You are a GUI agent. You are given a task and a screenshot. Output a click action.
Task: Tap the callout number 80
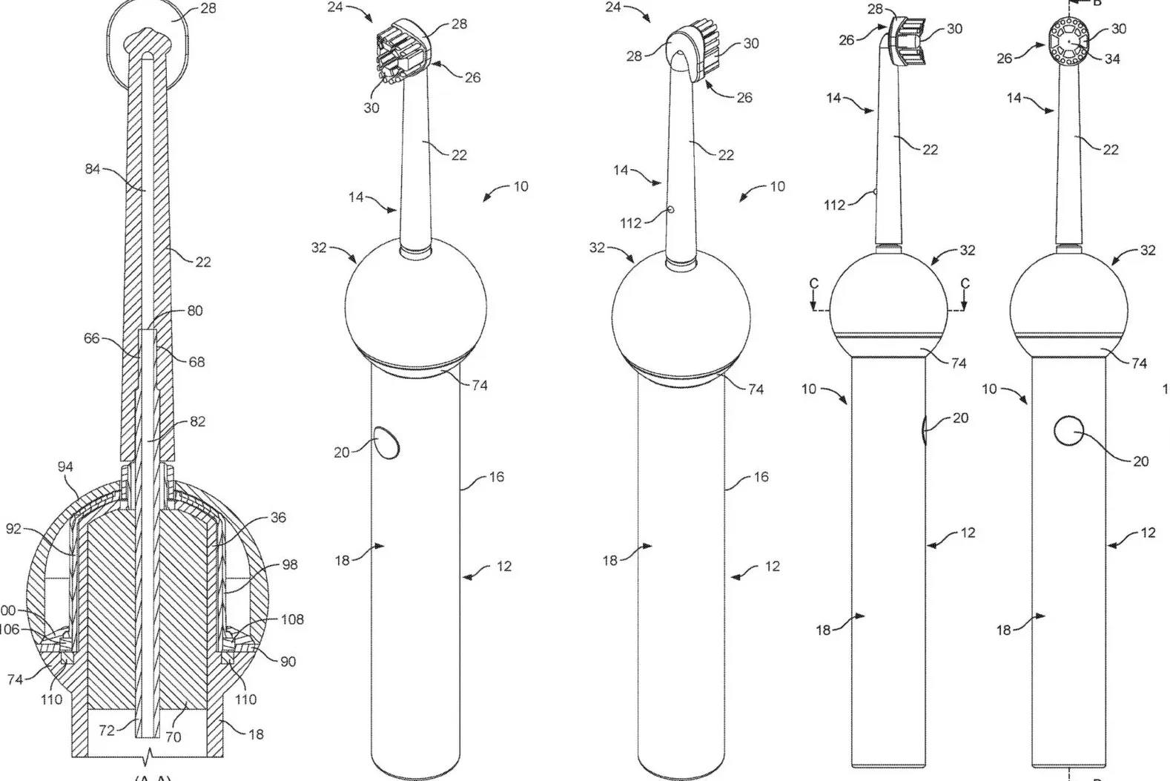pos(194,311)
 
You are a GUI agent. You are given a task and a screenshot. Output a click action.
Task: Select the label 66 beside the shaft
pos(92,339)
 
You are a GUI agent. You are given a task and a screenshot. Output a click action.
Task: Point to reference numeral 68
pos(196,362)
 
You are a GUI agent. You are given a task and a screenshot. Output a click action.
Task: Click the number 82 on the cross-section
pos(197,421)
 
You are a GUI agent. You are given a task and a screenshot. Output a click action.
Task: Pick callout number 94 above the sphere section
pos(65,467)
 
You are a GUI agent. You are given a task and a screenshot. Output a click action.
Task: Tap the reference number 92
pos(13,530)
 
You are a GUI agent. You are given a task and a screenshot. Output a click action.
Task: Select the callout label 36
pos(277,518)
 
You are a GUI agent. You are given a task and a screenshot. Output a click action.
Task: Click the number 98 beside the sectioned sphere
pos(289,564)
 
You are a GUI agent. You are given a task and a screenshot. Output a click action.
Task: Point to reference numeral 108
pos(292,619)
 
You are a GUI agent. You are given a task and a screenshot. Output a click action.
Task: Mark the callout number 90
pos(288,661)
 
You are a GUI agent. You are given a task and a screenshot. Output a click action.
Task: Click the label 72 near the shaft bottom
pos(107,731)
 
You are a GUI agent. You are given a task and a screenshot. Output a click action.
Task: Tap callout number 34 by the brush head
pos(1112,59)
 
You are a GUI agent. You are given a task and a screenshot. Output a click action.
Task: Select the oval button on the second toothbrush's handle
pos(385,443)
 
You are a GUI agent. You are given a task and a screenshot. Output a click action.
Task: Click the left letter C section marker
pos(813,283)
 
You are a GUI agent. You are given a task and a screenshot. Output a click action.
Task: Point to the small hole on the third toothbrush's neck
pos(670,210)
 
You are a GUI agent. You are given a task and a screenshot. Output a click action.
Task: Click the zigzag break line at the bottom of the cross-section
pos(151,757)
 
